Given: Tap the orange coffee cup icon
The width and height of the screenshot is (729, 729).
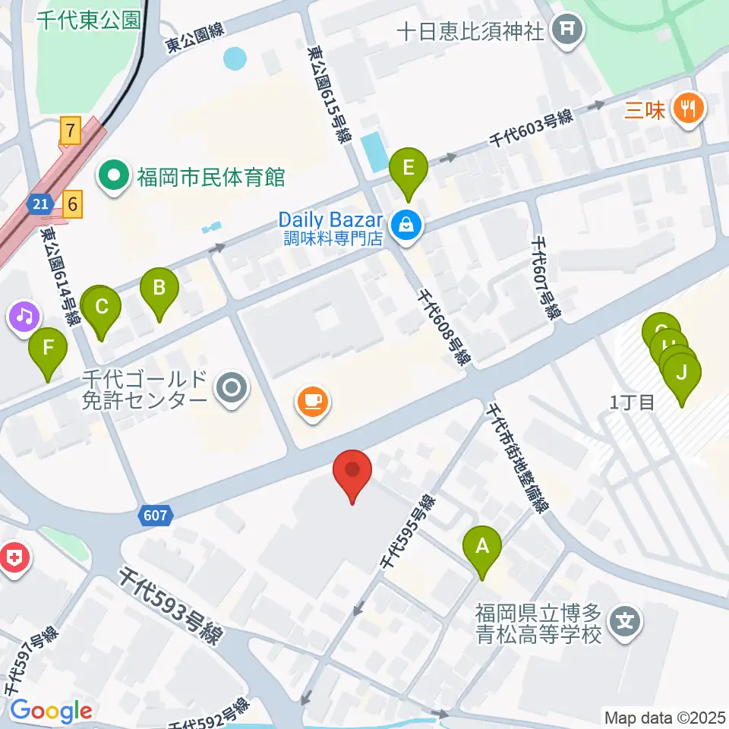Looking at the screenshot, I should [x=312, y=400].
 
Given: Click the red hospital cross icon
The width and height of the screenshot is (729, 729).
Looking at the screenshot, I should [x=14, y=560].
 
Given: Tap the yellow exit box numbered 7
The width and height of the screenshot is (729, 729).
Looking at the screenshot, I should [x=71, y=131].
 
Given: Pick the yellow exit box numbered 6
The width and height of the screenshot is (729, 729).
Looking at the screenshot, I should [x=72, y=204].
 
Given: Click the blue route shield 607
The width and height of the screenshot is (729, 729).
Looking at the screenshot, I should [x=154, y=516].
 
